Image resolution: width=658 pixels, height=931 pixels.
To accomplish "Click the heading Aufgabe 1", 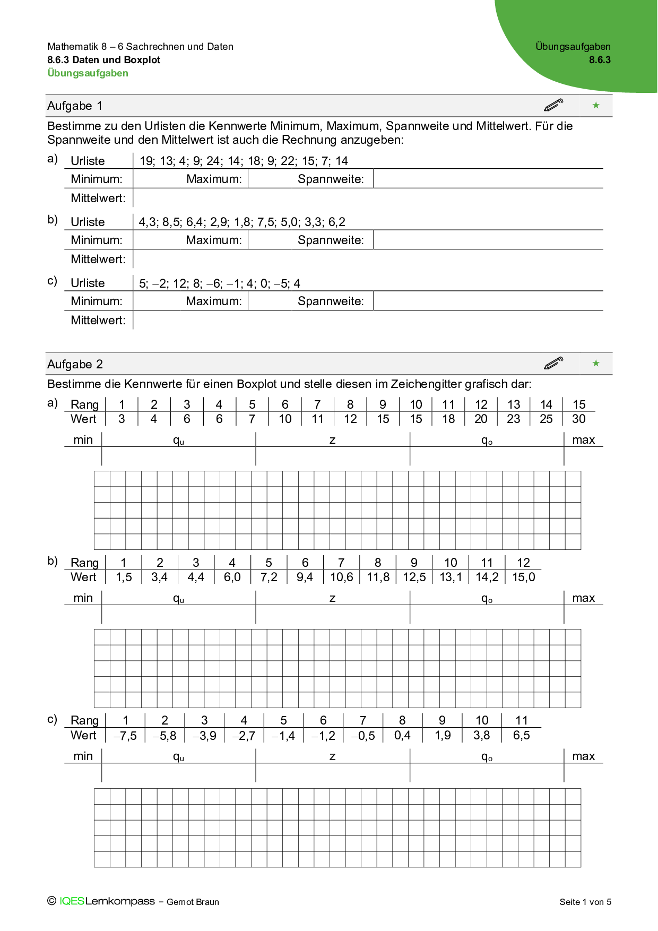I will click(x=75, y=106).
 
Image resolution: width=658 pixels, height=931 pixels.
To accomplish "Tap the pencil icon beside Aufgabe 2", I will click(x=553, y=363).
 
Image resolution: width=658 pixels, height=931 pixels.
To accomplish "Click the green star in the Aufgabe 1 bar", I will click(x=596, y=106).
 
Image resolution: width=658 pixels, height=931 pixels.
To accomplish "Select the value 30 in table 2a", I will click(x=579, y=419).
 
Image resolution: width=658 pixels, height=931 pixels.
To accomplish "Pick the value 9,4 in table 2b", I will click(x=305, y=577).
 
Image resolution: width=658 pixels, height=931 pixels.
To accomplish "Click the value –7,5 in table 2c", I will click(x=125, y=736).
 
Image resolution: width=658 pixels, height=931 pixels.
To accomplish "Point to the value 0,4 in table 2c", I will click(x=402, y=736).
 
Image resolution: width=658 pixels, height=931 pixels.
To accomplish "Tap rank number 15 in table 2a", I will click(x=579, y=404).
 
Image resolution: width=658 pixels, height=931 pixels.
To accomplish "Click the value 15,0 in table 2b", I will click(x=523, y=577).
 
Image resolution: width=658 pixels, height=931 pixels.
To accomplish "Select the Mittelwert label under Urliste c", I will click(x=98, y=320).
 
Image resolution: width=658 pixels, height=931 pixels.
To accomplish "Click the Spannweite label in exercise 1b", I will click(x=331, y=240).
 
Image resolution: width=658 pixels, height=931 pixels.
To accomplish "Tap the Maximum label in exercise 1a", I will click(x=214, y=179).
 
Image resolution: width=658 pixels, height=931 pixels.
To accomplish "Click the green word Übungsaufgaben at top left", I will click(x=88, y=73).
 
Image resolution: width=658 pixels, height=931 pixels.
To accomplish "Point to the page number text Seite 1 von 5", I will click(x=585, y=902).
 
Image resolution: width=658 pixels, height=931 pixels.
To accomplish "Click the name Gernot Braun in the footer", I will click(x=193, y=902).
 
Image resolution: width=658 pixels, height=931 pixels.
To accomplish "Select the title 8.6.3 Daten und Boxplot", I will click(x=103, y=60).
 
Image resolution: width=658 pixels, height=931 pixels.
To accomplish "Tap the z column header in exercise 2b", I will click(x=332, y=598).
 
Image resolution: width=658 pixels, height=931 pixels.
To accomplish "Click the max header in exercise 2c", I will click(x=583, y=756).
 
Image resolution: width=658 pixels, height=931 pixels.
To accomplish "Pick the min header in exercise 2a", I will click(x=83, y=439).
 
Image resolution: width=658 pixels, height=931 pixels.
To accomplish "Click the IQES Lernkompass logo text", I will click(x=107, y=901).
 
